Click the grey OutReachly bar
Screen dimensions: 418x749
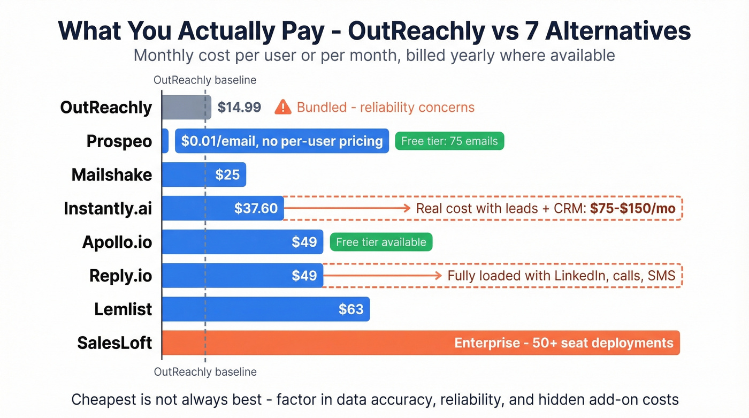point(186,108)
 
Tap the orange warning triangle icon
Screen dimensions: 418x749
point(282,108)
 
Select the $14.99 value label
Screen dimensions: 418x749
point(239,108)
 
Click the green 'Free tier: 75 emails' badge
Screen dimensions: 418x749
point(449,141)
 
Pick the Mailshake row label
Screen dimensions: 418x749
point(112,175)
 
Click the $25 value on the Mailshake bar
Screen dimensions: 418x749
point(227,175)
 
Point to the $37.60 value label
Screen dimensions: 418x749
point(256,208)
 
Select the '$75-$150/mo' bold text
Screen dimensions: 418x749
point(633,209)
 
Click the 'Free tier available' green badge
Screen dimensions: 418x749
point(381,242)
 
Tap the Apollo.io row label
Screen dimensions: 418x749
point(117,242)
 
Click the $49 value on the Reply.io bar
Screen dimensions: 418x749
point(304,276)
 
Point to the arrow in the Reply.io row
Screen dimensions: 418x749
point(382,276)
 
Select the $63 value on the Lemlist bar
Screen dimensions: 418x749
point(351,309)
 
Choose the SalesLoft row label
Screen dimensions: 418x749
point(114,343)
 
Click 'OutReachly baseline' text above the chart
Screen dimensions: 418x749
point(205,80)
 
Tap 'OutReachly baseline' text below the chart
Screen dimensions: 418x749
point(205,371)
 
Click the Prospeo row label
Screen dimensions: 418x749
point(119,142)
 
